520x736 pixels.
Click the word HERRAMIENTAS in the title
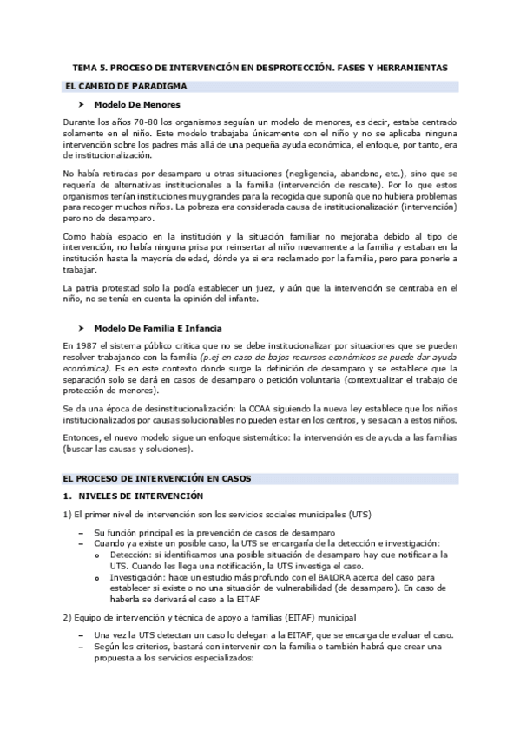click(411, 67)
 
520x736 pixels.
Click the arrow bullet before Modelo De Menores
click(81, 105)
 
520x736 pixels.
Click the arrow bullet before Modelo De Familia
click(81, 327)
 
